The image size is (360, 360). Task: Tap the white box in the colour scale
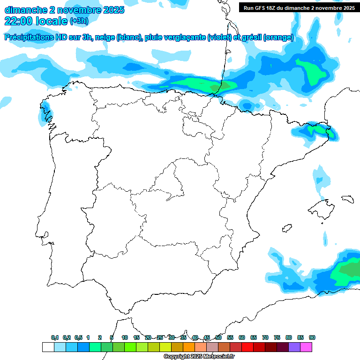tap(48, 347)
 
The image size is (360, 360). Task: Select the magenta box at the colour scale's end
tap(307, 347)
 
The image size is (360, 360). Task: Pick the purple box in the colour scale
tap(294, 347)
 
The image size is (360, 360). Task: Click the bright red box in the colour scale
tap(247, 347)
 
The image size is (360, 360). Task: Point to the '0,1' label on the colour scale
tap(55, 338)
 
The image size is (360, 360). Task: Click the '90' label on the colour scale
tap(312, 338)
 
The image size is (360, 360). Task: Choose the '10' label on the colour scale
tap(125, 338)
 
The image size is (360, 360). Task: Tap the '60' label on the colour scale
tap(242, 338)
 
